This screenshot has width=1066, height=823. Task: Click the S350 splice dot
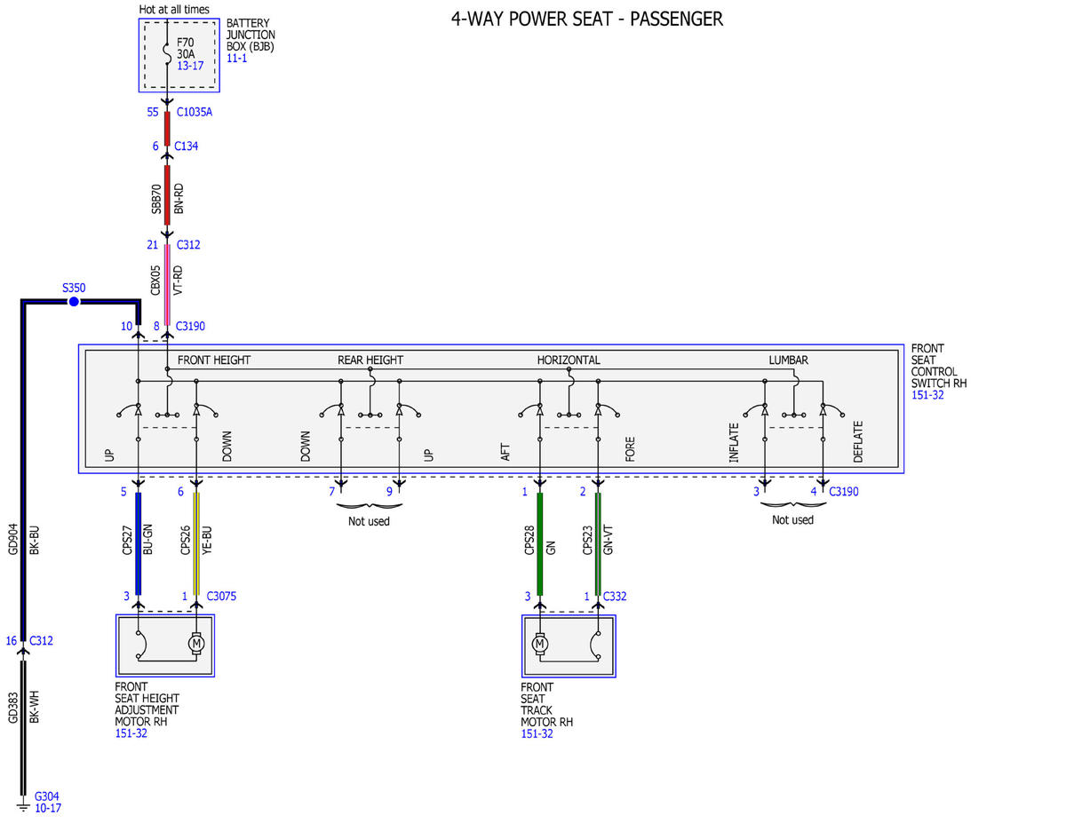coord(74,302)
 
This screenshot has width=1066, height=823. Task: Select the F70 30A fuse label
coord(186,48)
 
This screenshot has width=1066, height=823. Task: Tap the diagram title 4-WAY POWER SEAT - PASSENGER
coord(586,20)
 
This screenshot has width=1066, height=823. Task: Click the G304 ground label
coord(46,796)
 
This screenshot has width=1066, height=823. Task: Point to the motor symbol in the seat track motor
coord(539,643)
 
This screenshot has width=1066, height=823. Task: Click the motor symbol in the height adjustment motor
coord(196,643)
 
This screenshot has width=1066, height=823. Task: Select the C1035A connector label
coord(195,112)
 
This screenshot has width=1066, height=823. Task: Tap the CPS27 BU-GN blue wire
coord(139,543)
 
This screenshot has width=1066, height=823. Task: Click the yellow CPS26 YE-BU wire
coord(196,543)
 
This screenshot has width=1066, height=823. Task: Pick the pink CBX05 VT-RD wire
coord(167,284)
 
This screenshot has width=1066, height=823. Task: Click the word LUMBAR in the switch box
coord(788,360)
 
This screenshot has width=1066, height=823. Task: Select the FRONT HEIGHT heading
coord(213,360)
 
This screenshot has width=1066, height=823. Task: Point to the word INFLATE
coord(734,442)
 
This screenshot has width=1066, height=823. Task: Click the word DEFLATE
coord(857,441)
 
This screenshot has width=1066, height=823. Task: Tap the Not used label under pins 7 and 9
coord(369,521)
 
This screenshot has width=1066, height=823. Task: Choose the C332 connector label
coord(614,596)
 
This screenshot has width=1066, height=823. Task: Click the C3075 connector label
coord(221,596)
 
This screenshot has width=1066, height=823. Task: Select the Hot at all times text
coord(173,9)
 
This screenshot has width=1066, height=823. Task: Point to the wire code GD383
coord(12,708)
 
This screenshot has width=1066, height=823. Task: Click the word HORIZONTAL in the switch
coord(568,360)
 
